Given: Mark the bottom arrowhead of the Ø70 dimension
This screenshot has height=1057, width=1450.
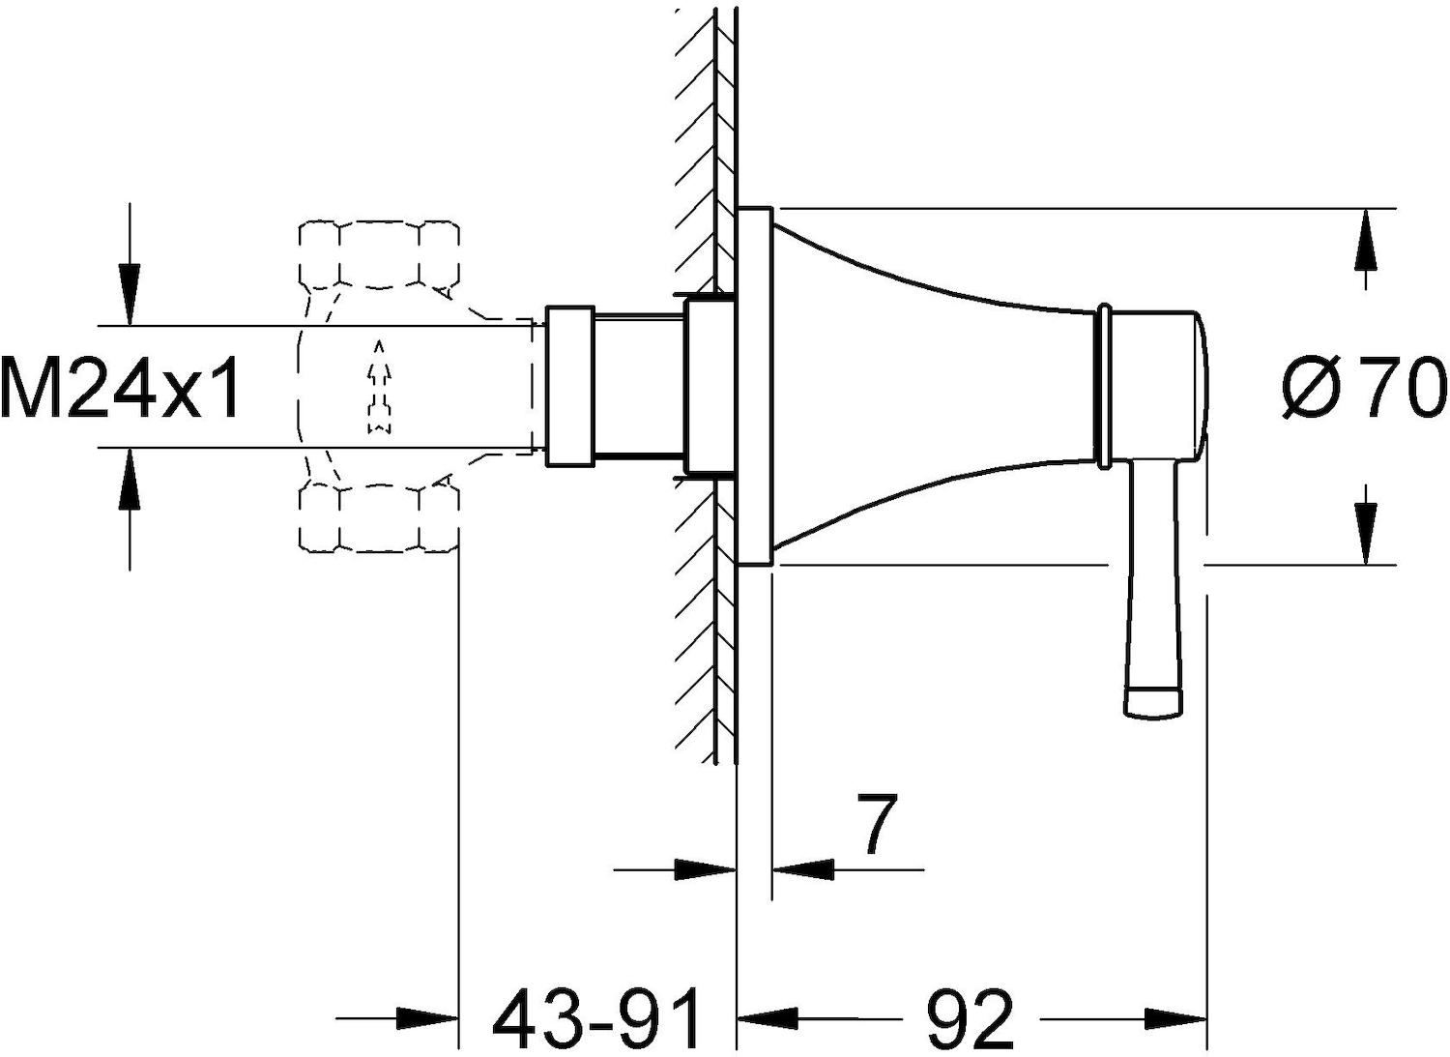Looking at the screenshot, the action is coord(1366,535).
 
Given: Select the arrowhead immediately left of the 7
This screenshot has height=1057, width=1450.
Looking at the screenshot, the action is coord(803,869).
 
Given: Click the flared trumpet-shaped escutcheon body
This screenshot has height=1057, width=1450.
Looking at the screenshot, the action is coord(932,387).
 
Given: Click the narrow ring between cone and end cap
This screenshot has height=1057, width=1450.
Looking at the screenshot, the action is coord(1102,387).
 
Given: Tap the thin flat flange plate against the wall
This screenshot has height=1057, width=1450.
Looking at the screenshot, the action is coord(755,387).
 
